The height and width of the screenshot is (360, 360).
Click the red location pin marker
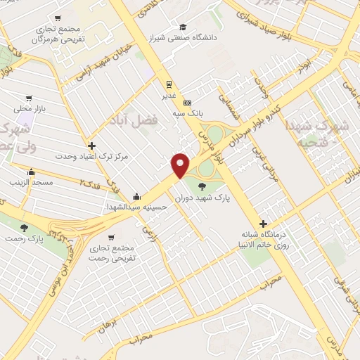[180, 164]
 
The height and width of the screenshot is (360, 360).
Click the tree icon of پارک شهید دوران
[202, 186]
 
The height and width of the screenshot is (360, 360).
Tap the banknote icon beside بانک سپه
[186, 102]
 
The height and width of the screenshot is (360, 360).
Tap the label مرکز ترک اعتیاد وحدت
[91, 156]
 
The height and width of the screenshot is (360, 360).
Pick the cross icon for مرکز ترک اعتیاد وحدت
[91, 146]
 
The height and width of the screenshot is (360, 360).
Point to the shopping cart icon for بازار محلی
[28, 98]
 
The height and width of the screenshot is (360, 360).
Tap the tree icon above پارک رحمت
[25, 228]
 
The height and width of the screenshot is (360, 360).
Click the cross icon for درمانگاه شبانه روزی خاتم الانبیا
[264, 223]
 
